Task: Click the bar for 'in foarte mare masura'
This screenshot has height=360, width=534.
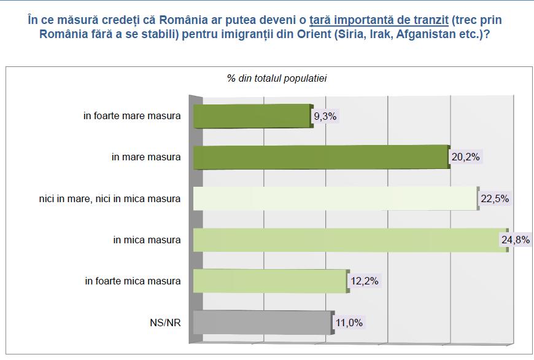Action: click(252, 115)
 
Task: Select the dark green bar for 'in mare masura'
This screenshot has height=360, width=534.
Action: click(319, 157)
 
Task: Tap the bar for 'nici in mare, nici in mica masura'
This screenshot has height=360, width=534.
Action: click(335, 198)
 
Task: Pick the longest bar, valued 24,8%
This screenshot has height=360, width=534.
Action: click(350, 240)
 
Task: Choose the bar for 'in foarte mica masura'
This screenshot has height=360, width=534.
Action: click(270, 281)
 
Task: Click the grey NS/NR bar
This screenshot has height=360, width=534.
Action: click(263, 323)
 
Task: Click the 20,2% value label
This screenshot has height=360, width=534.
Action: click(465, 157)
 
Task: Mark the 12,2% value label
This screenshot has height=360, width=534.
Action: click(364, 281)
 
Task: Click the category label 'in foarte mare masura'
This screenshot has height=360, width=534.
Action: click(133, 115)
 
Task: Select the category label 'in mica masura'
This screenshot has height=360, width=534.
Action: click(147, 240)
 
